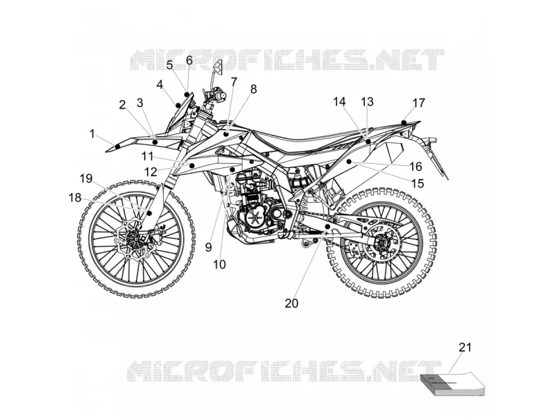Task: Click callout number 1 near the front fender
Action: [x=92, y=134]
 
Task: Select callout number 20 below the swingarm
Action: [x=291, y=303]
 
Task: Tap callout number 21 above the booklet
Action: [x=465, y=347]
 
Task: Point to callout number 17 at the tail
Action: [x=419, y=103]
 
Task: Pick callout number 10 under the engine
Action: [x=219, y=265]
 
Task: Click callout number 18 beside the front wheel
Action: [x=75, y=198]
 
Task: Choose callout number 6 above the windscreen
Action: [x=189, y=60]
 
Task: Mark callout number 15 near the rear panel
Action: [x=418, y=183]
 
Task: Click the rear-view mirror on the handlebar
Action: [x=218, y=67]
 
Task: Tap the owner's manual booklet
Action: [x=452, y=384]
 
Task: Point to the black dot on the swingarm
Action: [x=327, y=226]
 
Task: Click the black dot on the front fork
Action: [x=149, y=213]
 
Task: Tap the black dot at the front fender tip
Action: [x=118, y=146]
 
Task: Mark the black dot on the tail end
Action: [x=404, y=123]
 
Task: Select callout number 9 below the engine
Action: [x=209, y=247]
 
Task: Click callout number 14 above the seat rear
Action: [x=339, y=101]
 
